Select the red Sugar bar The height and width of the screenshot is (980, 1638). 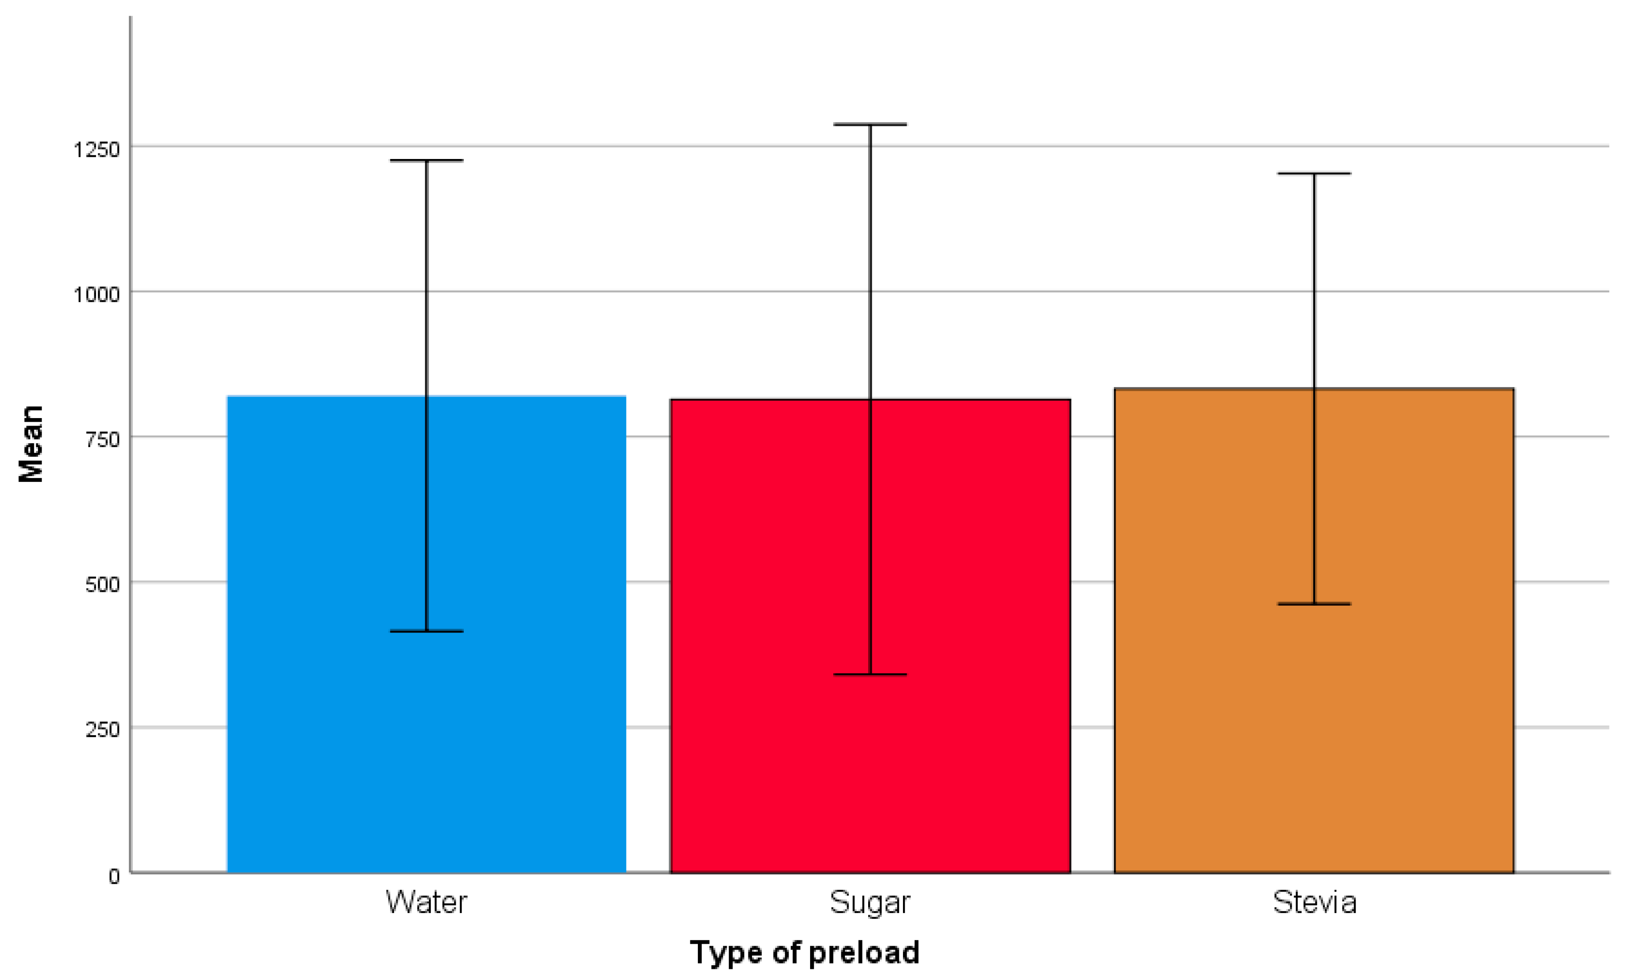click(x=766, y=726)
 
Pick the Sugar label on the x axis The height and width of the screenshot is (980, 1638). click(x=870, y=902)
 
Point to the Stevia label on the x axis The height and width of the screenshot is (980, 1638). click(x=1315, y=902)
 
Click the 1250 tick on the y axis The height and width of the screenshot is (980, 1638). click(x=97, y=149)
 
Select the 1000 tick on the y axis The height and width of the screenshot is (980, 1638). click(x=97, y=294)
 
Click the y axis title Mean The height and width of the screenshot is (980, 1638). click(x=30, y=444)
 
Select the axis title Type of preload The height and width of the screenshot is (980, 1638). click(x=804, y=953)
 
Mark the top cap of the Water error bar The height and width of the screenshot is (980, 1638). click(x=427, y=160)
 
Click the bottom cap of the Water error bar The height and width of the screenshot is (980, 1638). click(x=427, y=631)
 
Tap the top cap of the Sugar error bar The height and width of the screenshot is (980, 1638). click(x=870, y=124)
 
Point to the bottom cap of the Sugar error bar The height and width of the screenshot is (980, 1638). click(x=870, y=674)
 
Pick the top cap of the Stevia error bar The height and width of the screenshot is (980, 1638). click(x=1315, y=174)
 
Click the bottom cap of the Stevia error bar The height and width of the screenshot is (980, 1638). click(x=1315, y=603)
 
